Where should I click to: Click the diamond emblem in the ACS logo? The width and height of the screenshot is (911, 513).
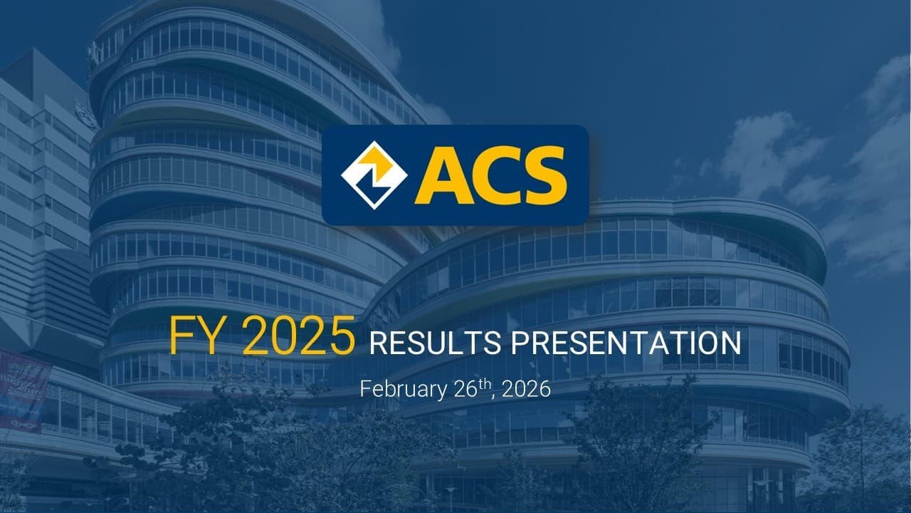[x=374, y=175]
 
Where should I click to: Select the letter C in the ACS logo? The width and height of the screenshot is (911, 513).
[x=496, y=175]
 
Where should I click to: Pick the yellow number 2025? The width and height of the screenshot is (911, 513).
[x=299, y=336]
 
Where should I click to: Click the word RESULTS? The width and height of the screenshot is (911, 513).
[x=435, y=343]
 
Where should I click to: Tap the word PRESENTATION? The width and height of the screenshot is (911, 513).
[x=626, y=343]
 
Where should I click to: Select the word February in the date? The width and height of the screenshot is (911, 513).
[x=403, y=389]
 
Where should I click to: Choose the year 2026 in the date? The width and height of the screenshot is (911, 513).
[x=527, y=389]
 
